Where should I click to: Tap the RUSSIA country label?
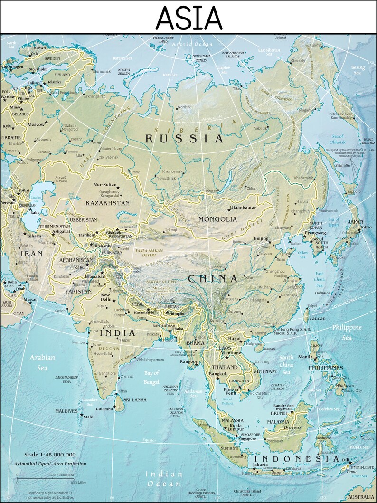pos(184,139)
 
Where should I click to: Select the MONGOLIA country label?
pos(217,219)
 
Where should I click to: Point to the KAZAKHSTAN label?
pos(107,203)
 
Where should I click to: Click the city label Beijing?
pos(261,238)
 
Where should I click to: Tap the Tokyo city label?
pos(366,227)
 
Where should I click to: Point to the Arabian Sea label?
pos(42,362)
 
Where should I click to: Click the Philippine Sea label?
pos(347,332)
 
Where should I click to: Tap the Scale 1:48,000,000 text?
pos(50,455)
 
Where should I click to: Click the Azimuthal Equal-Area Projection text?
pos(50,464)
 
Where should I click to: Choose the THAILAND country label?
pos(225,368)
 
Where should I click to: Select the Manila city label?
pos(305,357)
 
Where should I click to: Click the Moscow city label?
pos(36,124)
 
